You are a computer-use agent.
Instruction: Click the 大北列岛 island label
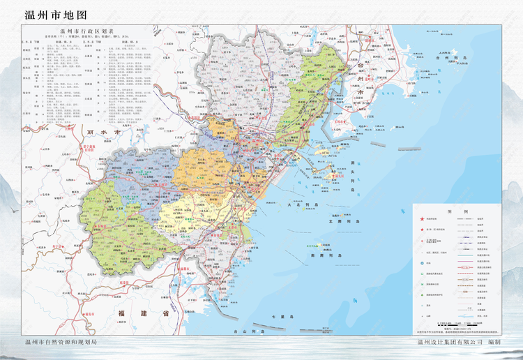click(x=301, y=206)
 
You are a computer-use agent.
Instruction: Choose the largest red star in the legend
click(x=423, y=219)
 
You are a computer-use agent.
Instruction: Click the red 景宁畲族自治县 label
click(x=89, y=149)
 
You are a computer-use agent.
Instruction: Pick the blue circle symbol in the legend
click(x=423, y=262)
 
